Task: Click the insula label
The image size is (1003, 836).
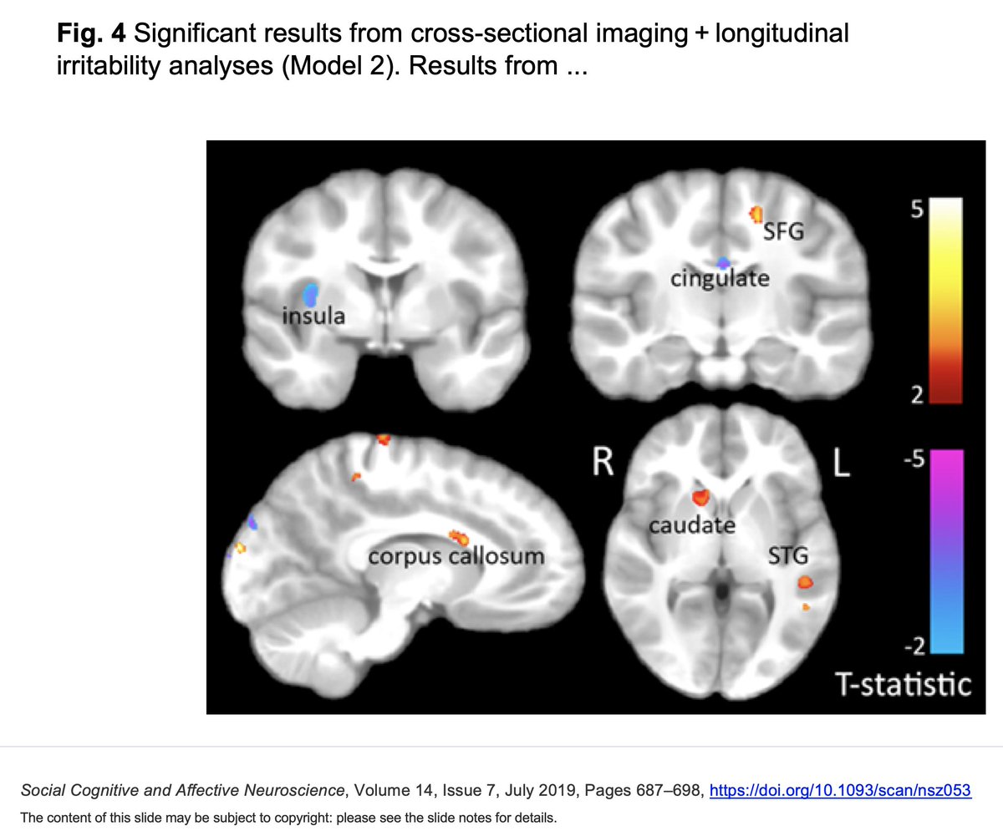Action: click(x=313, y=317)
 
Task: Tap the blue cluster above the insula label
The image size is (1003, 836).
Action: click(x=311, y=293)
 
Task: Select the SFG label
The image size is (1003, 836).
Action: click(x=783, y=232)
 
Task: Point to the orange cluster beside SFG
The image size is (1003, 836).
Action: click(x=757, y=215)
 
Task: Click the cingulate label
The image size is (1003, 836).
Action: click(x=719, y=278)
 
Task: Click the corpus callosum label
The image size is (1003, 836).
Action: click(x=457, y=555)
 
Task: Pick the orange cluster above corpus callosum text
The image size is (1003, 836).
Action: click(x=456, y=536)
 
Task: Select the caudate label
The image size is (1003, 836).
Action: click(x=693, y=525)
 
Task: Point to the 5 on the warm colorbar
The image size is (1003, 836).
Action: click(x=915, y=211)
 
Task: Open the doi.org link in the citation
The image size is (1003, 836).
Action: click(x=840, y=790)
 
